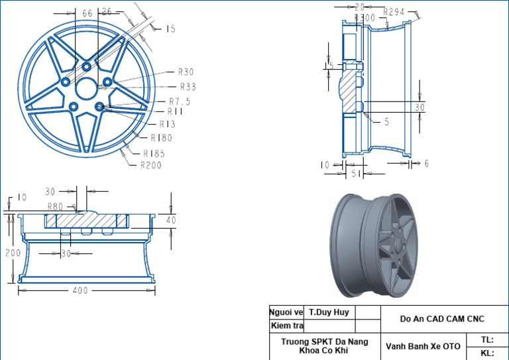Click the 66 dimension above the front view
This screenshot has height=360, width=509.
(x=87, y=13)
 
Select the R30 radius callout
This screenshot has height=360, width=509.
(x=186, y=72)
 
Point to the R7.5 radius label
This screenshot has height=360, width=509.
(x=180, y=101)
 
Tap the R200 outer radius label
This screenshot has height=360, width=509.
(x=151, y=165)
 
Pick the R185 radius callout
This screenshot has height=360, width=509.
(x=154, y=153)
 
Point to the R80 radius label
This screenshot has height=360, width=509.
(x=55, y=206)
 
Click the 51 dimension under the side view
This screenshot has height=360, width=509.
(x=356, y=174)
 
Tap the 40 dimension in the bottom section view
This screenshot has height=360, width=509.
(x=171, y=219)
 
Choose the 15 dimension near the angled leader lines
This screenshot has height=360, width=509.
(x=170, y=29)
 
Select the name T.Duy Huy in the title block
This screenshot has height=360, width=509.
(x=329, y=311)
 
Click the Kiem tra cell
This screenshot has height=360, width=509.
(x=286, y=326)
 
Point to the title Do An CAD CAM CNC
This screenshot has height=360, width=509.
(x=442, y=318)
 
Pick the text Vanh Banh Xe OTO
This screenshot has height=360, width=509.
(x=423, y=346)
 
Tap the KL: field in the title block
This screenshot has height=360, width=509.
(x=487, y=353)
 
